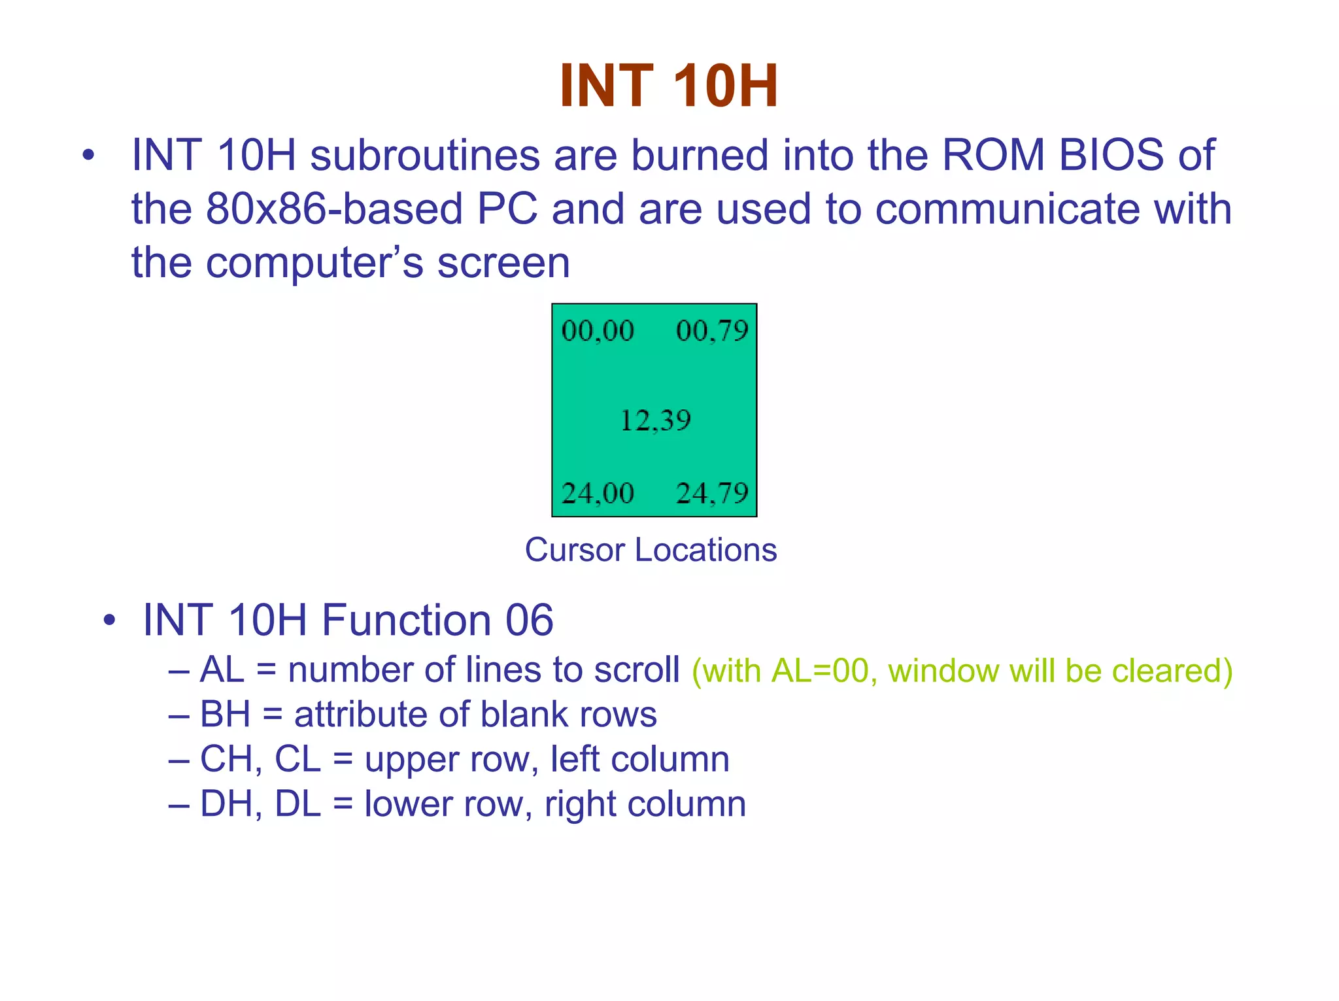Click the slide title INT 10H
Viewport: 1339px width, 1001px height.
[669, 86]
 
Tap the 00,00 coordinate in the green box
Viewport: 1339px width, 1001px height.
[598, 331]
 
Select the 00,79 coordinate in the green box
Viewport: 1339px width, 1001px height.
[712, 331]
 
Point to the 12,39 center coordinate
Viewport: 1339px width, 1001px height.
[655, 420]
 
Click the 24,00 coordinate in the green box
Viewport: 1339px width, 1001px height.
[598, 493]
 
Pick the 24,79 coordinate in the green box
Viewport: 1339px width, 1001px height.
[712, 493]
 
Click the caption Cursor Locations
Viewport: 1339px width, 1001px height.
[651, 550]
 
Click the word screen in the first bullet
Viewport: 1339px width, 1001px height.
[503, 263]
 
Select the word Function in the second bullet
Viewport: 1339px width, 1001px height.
[406, 620]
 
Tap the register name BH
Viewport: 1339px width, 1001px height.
[225, 714]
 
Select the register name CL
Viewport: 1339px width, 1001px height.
[297, 759]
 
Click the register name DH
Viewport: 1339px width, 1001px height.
[225, 804]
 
